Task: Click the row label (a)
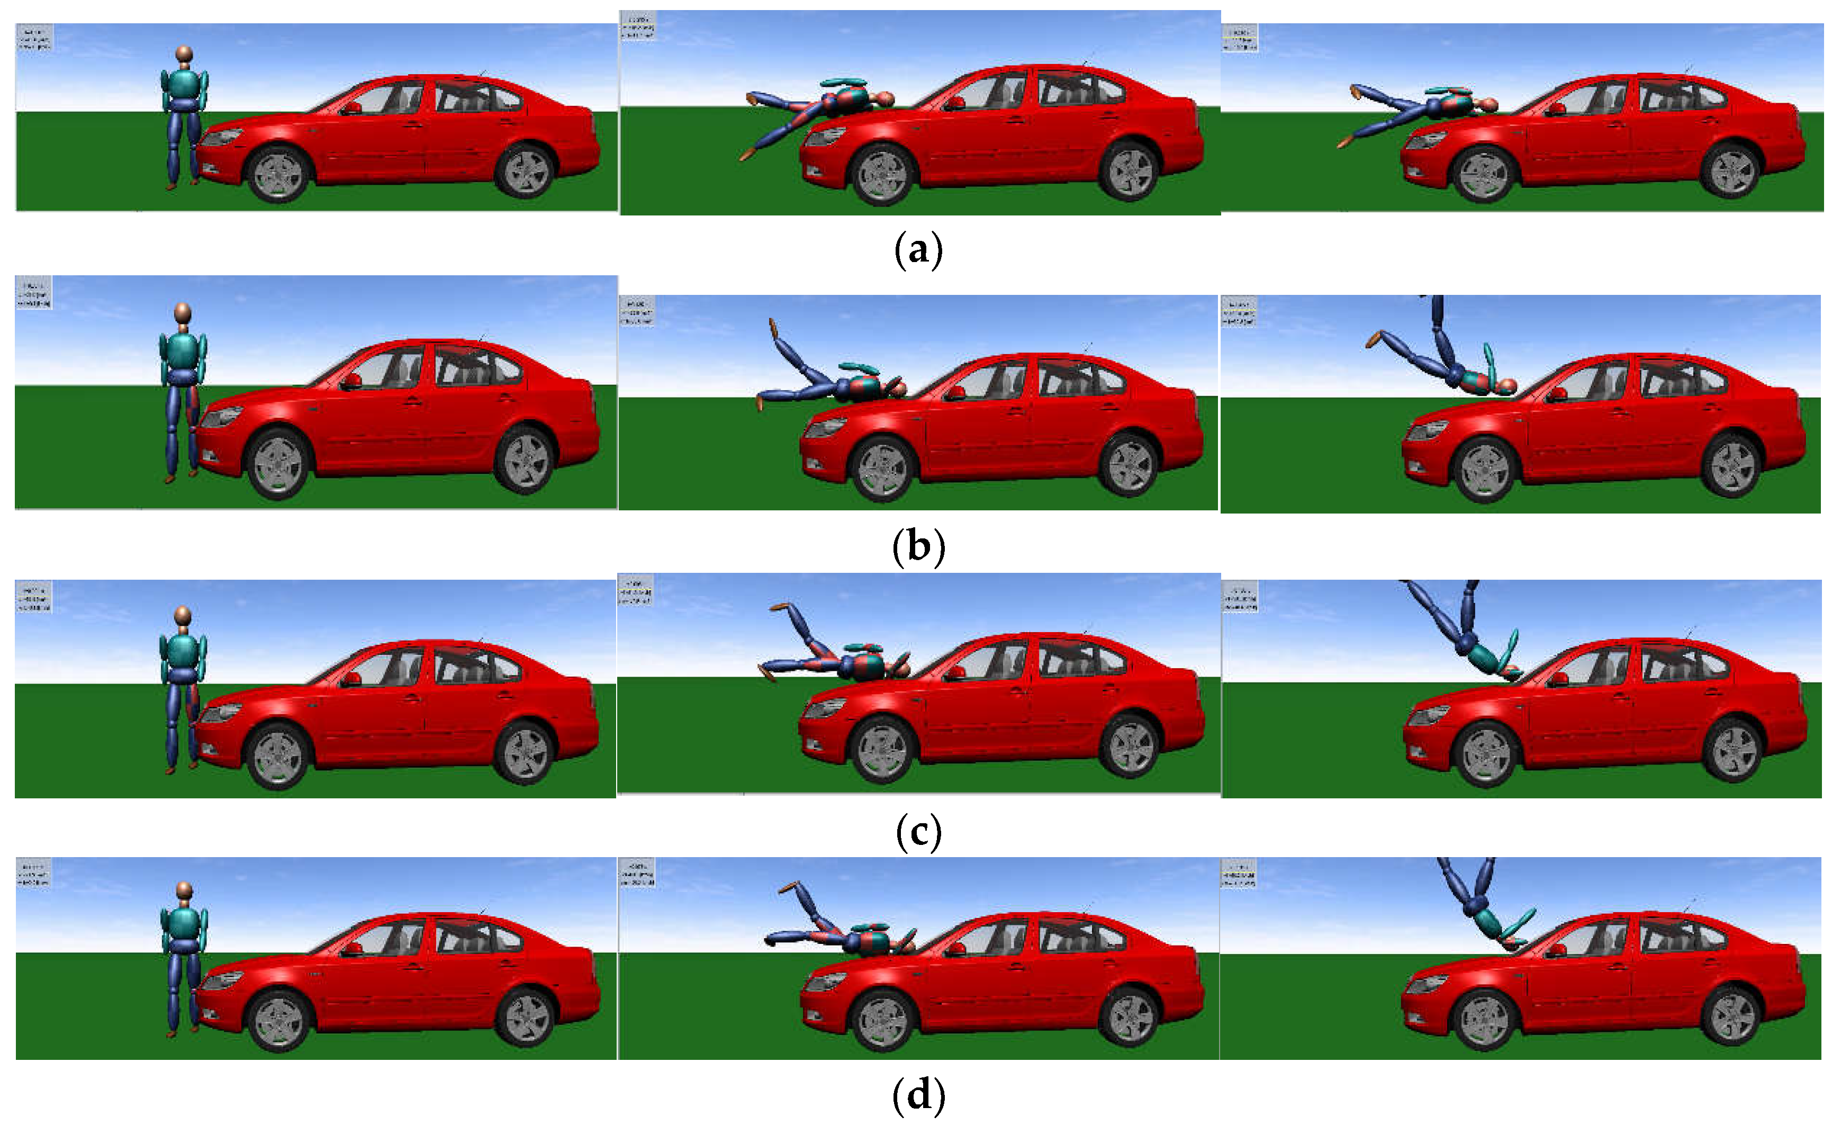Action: (x=918, y=250)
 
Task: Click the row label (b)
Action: (x=918, y=547)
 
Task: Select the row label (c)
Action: (x=918, y=832)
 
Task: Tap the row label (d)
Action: (x=918, y=1096)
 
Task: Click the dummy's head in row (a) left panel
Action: (x=184, y=55)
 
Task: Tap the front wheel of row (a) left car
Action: (x=279, y=175)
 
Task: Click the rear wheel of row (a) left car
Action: (x=525, y=171)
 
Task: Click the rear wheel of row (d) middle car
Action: (x=1131, y=1018)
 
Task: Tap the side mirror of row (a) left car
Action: (x=351, y=108)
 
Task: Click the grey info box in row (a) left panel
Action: (x=34, y=38)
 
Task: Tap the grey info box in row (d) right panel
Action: (x=1239, y=874)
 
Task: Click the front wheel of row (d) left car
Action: (x=279, y=1022)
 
